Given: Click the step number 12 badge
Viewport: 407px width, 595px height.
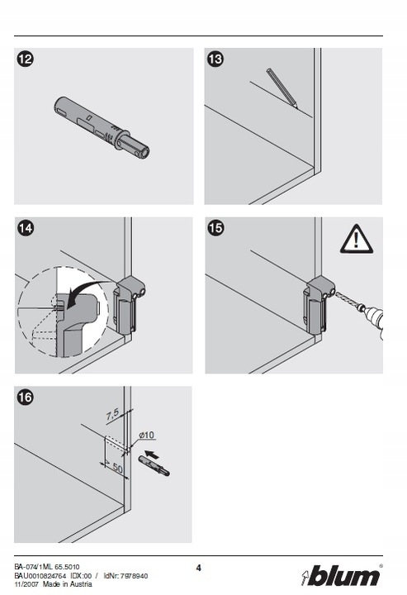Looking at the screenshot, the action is click(26, 59).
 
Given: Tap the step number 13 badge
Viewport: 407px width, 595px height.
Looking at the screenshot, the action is click(215, 59).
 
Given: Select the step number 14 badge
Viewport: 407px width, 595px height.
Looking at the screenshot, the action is click(26, 228).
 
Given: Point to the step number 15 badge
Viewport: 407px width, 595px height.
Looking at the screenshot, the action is click(215, 228).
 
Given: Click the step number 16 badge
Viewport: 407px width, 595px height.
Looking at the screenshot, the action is click(26, 397).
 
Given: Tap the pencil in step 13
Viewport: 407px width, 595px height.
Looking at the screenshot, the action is click(282, 88).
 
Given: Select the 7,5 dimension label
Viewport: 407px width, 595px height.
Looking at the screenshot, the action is click(112, 414).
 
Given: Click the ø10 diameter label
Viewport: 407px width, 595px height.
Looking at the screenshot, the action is click(146, 435).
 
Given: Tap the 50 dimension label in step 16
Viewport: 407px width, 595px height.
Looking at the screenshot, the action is click(117, 469).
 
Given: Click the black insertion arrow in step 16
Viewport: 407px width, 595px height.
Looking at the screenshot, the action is click(152, 454).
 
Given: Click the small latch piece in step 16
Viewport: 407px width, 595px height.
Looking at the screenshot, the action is click(154, 465).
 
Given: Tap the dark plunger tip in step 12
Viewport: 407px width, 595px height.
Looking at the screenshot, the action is click(144, 151).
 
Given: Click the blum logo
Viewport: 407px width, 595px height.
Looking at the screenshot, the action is click(341, 576).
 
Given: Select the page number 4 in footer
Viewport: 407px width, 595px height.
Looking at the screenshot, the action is click(199, 568).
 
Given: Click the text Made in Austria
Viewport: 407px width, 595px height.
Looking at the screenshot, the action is click(67, 584).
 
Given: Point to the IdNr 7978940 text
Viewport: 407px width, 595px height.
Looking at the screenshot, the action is click(125, 576).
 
